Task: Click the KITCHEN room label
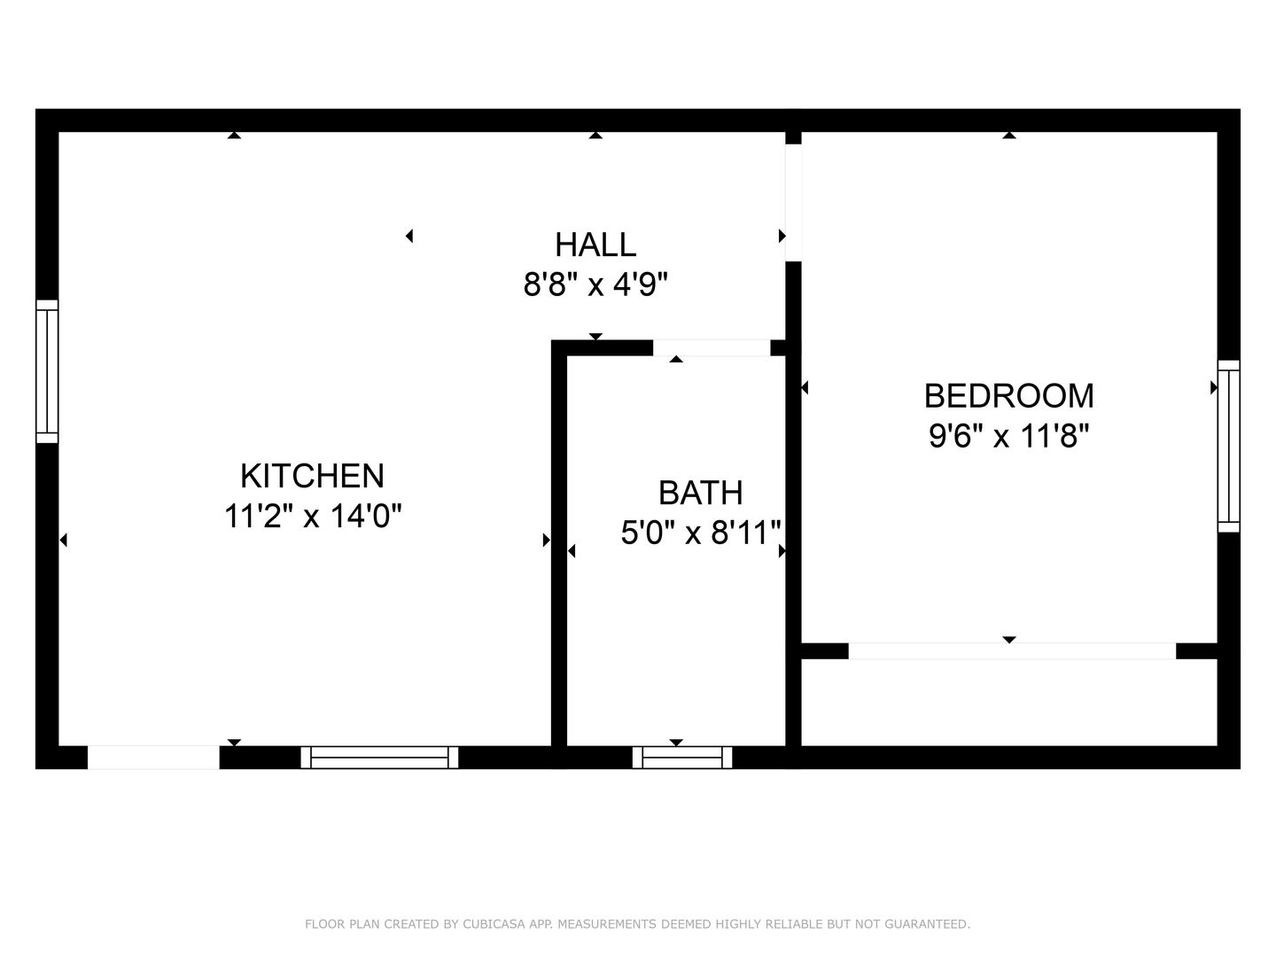tap(312, 476)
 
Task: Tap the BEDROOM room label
tap(1008, 396)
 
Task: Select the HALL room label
tap(595, 245)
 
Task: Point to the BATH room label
tap(701, 493)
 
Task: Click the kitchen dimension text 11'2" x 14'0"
tap(313, 516)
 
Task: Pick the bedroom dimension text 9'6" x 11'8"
tap(1008, 435)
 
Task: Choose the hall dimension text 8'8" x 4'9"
tap(595, 284)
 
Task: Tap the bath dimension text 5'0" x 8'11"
tap(701, 533)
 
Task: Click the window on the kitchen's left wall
tap(47, 371)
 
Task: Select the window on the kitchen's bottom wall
tap(379, 758)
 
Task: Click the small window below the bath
tap(682, 758)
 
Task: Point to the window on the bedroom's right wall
tap(1229, 447)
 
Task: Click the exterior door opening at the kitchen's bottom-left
tap(153, 758)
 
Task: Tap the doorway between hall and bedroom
tap(793, 203)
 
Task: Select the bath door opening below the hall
tap(712, 348)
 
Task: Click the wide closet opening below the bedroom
tap(1012, 650)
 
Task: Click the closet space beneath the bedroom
tap(1009, 702)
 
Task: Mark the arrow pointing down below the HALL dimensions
tap(595, 337)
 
